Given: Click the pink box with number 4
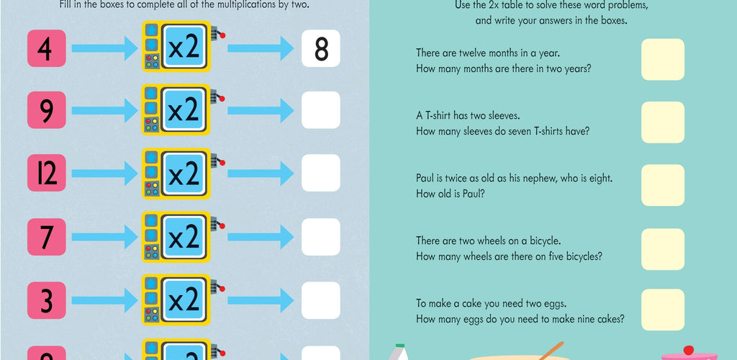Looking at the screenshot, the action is tap(47, 48).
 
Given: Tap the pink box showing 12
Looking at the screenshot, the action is tap(47, 173).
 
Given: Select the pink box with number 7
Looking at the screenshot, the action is tap(47, 237).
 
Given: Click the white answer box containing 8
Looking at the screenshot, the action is tap(321, 48).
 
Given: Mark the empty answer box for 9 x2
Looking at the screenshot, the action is tap(321, 110).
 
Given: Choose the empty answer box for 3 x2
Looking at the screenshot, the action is tap(321, 300).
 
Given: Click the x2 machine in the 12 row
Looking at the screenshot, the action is tap(181, 174).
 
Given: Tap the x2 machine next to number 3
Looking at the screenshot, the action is tap(181, 300).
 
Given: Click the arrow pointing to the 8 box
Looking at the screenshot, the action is tap(261, 48).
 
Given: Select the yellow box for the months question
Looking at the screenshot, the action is tap(663, 60).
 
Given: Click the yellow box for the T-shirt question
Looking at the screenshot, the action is tap(663, 122).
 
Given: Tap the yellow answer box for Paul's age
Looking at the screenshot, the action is tap(663, 185).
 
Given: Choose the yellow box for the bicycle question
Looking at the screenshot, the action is tap(663, 249).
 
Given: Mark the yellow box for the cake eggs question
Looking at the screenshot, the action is tap(663, 310).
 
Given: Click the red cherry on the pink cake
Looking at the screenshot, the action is tap(689, 350).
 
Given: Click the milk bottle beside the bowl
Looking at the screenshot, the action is tap(399, 352).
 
